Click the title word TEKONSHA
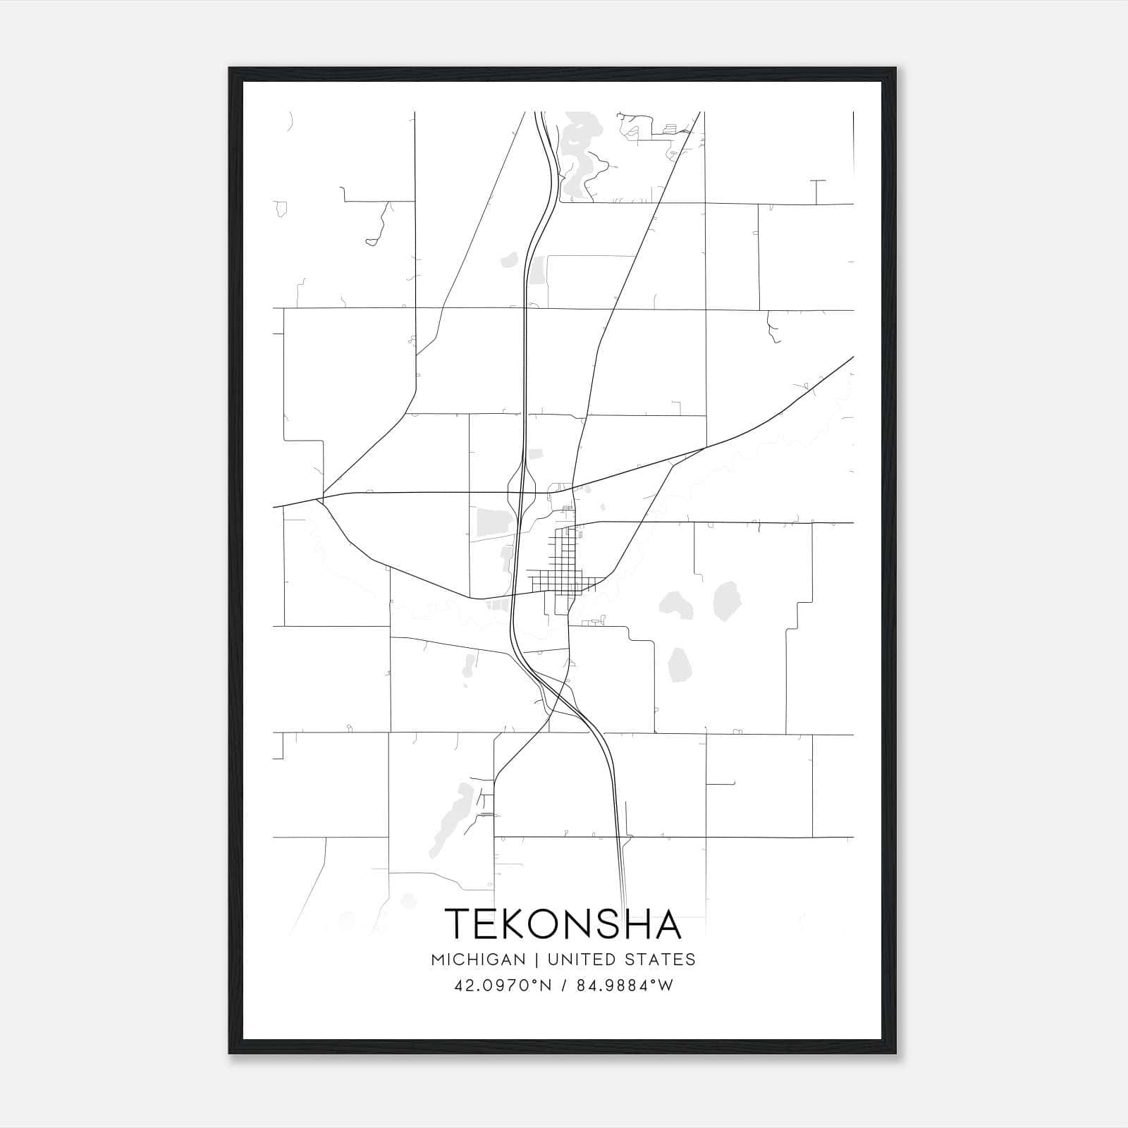point(563,924)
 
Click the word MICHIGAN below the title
point(478,960)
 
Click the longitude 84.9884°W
point(625,986)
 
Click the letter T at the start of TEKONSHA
point(459,924)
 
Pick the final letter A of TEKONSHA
point(667,924)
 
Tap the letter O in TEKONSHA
point(552,924)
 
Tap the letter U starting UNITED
point(553,960)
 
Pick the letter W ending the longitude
point(666,986)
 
